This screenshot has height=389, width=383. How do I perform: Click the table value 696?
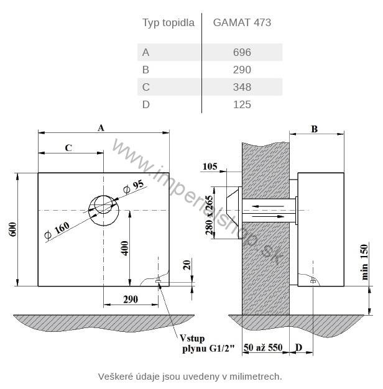pyautogui.click(x=242, y=52)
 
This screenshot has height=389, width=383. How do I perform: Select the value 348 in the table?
pyautogui.click(x=242, y=87)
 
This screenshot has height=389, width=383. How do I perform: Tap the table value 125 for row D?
pyautogui.click(x=242, y=104)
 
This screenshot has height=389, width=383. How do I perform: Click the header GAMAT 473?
pyautogui.click(x=242, y=22)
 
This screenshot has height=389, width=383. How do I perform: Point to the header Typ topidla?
pyautogui.click(x=168, y=23)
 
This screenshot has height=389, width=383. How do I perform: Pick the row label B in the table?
pyautogui.click(x=145, y=70)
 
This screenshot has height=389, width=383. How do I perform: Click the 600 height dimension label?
pyautogui.click(x=13, y=229)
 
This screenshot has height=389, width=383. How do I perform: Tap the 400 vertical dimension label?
pyautogui.click(x=124, y=248)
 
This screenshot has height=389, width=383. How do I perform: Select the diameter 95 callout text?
pyautogui.click(x=133, y=186)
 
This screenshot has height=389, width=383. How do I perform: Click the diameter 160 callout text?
pyautogui.click(x=57, y=230)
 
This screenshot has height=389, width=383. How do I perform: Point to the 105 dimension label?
pyautogui.click(x=210, y=166)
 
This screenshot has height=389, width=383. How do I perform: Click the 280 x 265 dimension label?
pyautogui.click(x=210, y=215)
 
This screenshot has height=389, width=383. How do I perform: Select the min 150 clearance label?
pyautogui.click(x=364, y=262)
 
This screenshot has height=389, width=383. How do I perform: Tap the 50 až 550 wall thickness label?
pyautogui.click(x=263, y=347)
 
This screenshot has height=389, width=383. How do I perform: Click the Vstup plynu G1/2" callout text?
pyautogui.click(x=207, y=343)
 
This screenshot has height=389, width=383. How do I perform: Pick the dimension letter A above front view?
pyautogui.click(x=101, y=128)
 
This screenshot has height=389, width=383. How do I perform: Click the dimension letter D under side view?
pyautogui.click(x=299, y=347)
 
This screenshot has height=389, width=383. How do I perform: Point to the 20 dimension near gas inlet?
pyautogui.click(x=187, y=265)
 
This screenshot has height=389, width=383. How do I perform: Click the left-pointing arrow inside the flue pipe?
pyautogui.click(x=267, y=206)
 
